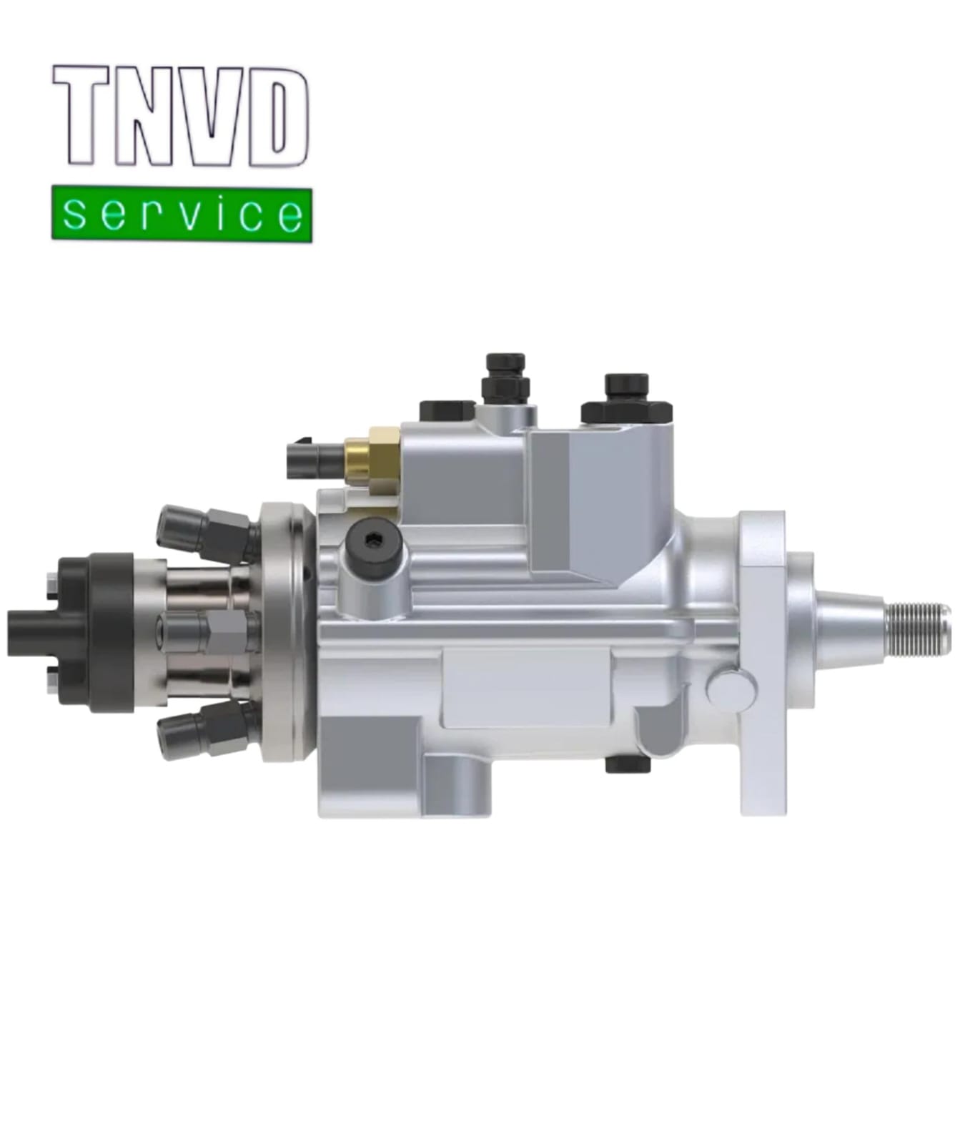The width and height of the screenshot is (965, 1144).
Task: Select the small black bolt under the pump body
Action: click(628, 764)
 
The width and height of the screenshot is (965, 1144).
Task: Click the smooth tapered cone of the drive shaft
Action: click(847, 628)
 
